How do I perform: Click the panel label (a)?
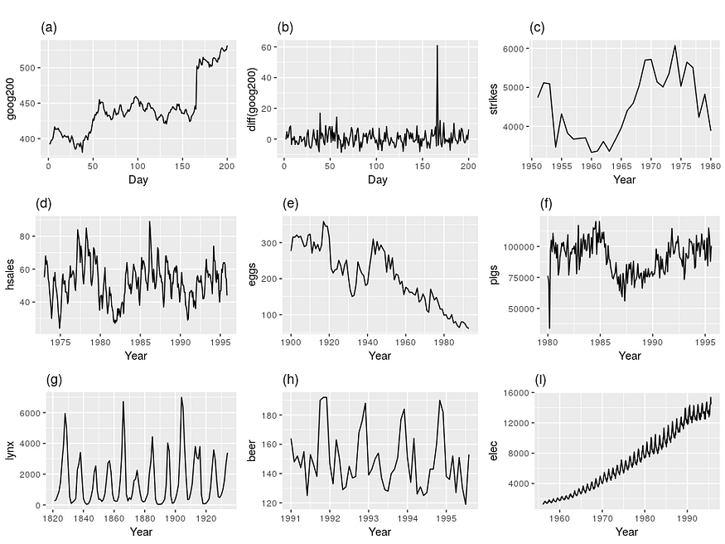click(x=50, y=27)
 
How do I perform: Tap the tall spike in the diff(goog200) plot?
click(x=437, y=47)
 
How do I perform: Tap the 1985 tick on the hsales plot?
click(x=139, y=341)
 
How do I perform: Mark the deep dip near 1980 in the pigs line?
click(x=549, y=328)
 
